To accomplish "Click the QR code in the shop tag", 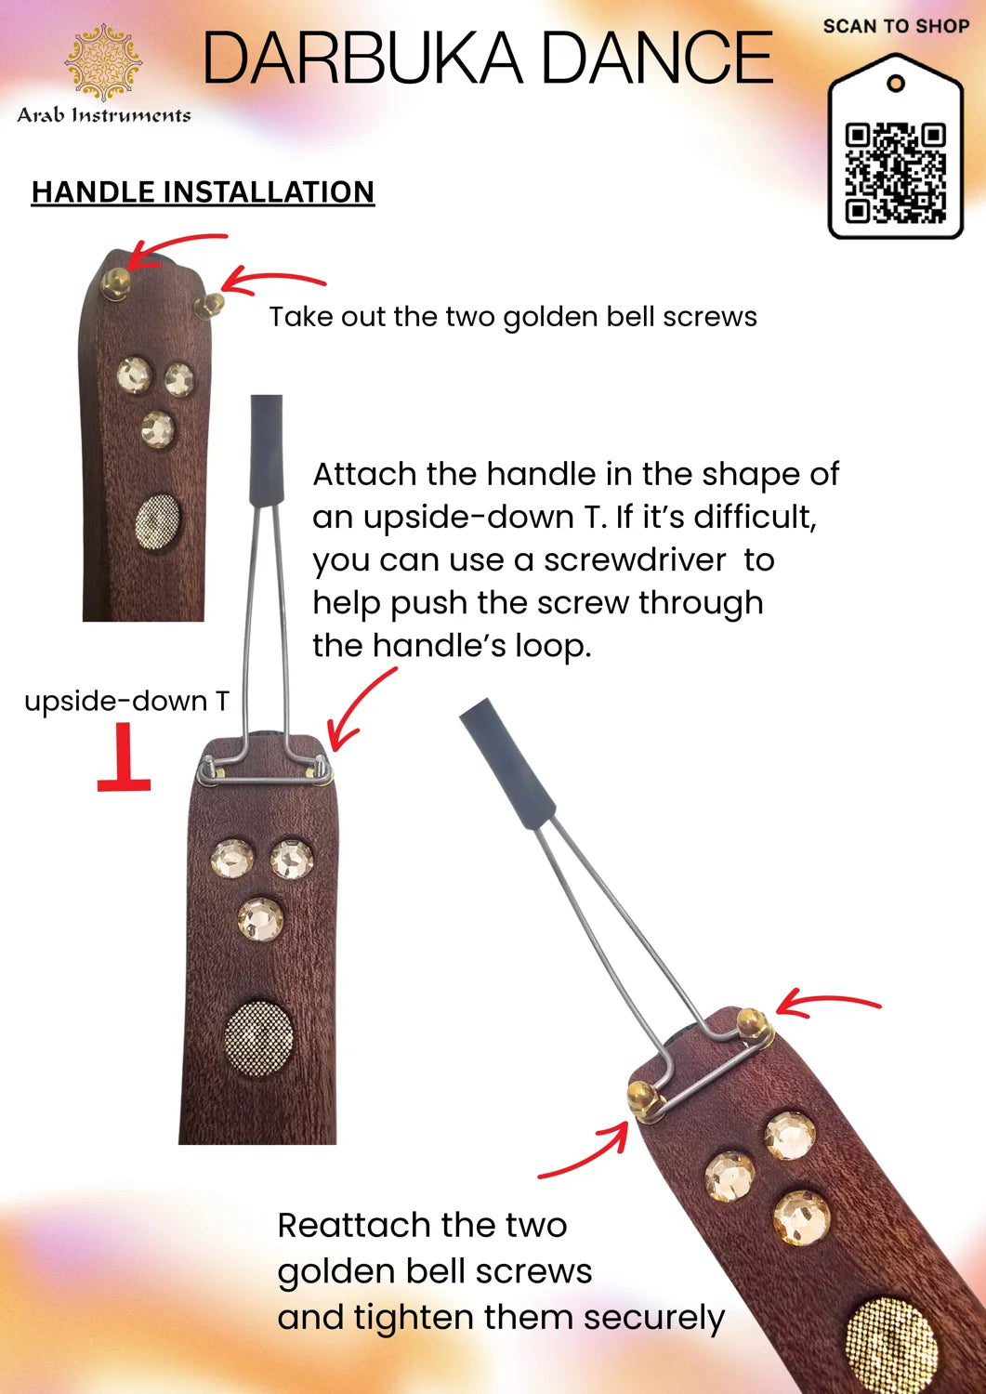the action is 895,173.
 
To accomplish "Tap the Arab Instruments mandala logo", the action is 103,62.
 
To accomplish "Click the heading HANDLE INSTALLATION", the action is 203,191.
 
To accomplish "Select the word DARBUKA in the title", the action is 362,58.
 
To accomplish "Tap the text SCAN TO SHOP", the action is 897,26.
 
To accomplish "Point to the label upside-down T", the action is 127,702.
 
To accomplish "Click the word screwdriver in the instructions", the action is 635,560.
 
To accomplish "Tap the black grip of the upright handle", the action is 267,451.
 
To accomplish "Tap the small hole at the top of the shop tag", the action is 895,83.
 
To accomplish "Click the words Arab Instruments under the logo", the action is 103,115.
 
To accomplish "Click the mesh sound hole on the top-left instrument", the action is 158,521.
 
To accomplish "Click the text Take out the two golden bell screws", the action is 513,318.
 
